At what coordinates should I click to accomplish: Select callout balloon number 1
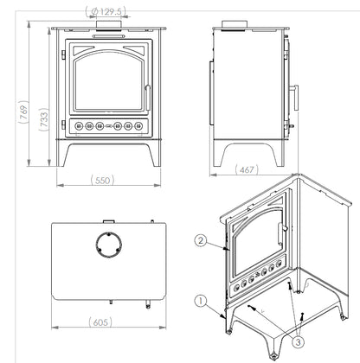click(201, 302)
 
